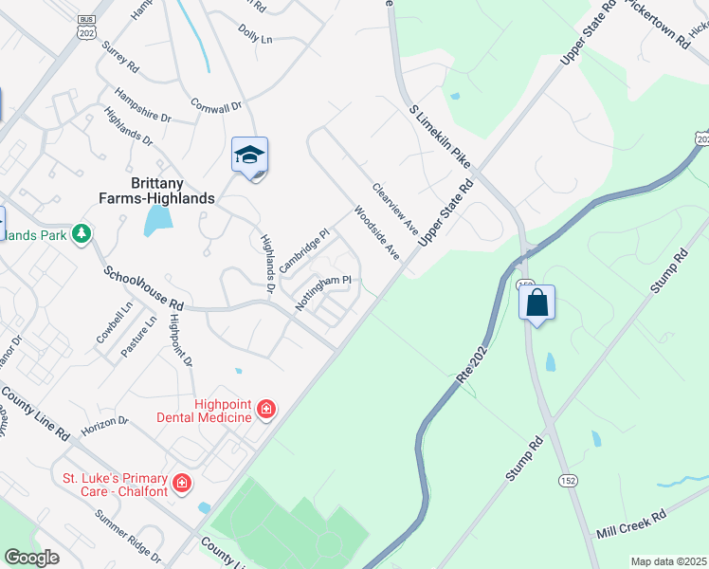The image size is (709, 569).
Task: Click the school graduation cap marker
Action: point(250,155)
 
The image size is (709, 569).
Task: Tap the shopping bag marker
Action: point(536,303)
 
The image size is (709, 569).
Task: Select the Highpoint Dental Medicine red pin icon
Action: point(266,410)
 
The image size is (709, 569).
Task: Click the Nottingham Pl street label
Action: point(323,293)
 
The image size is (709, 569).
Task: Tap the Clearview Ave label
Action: point(395,210)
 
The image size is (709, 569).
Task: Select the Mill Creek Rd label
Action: point(631,523)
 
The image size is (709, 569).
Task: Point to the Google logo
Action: point(32,558)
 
